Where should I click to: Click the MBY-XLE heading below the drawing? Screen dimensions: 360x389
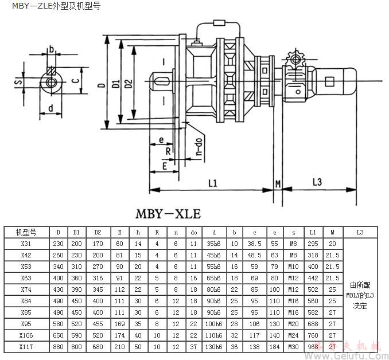tap(168, 214)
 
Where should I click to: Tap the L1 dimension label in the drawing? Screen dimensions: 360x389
tap(212, 183)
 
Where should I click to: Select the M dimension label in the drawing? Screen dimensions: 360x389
tap(278, 184)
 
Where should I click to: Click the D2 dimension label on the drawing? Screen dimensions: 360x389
tap(128, 85)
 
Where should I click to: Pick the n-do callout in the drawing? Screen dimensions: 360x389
tap(199, 147)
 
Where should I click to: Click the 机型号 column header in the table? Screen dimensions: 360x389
tap(26, 232)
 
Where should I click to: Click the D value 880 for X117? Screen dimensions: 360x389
tap(58, 346)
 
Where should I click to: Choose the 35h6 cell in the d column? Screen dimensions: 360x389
tap(213, 243)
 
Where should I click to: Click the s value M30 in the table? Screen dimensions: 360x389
tap(294, 346)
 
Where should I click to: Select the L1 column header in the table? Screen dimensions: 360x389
tap(313, 232)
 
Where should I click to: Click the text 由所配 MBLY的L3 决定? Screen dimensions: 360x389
tap(360, 295)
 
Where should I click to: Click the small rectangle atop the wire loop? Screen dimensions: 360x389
tap(219, 24)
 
